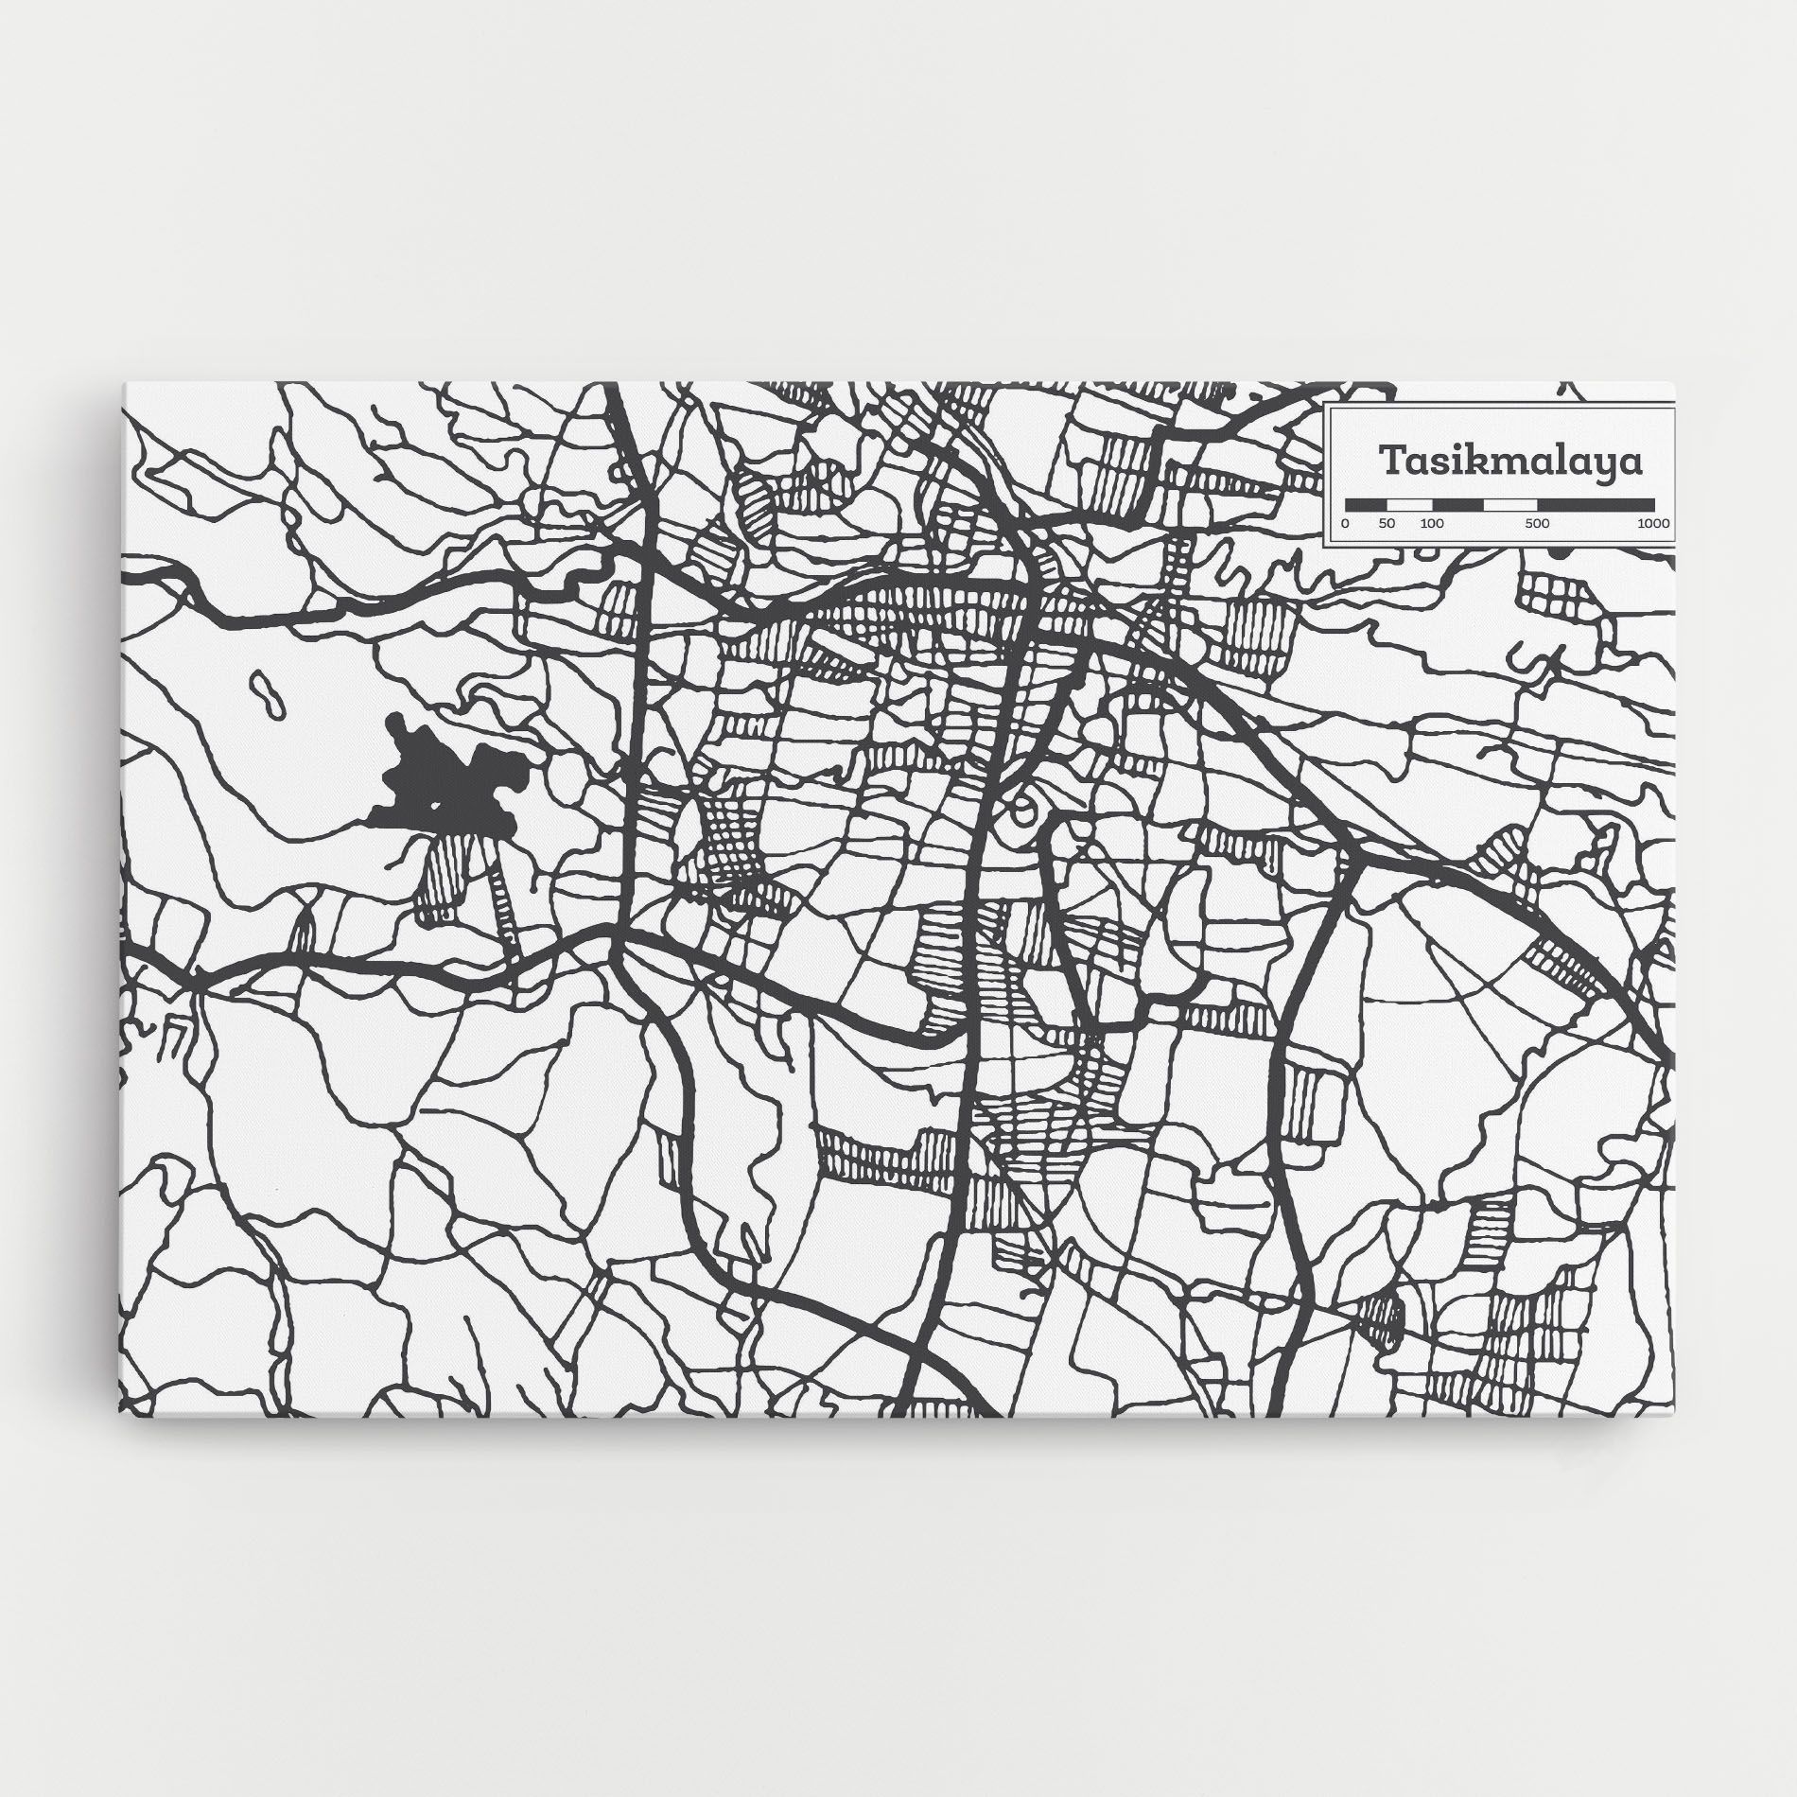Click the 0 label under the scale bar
click(x=1346, y=524)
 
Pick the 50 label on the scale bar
click(x=1387, y=524)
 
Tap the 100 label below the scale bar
click(x=1431, y=524)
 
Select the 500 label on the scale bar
click(x=1538, y=524)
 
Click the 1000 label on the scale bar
click(x=1653, y=524)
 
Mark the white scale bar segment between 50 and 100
click(x=1409, y=504)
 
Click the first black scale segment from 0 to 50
click(x=1366, y=504)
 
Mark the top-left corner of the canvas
click(x=125, y=384)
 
